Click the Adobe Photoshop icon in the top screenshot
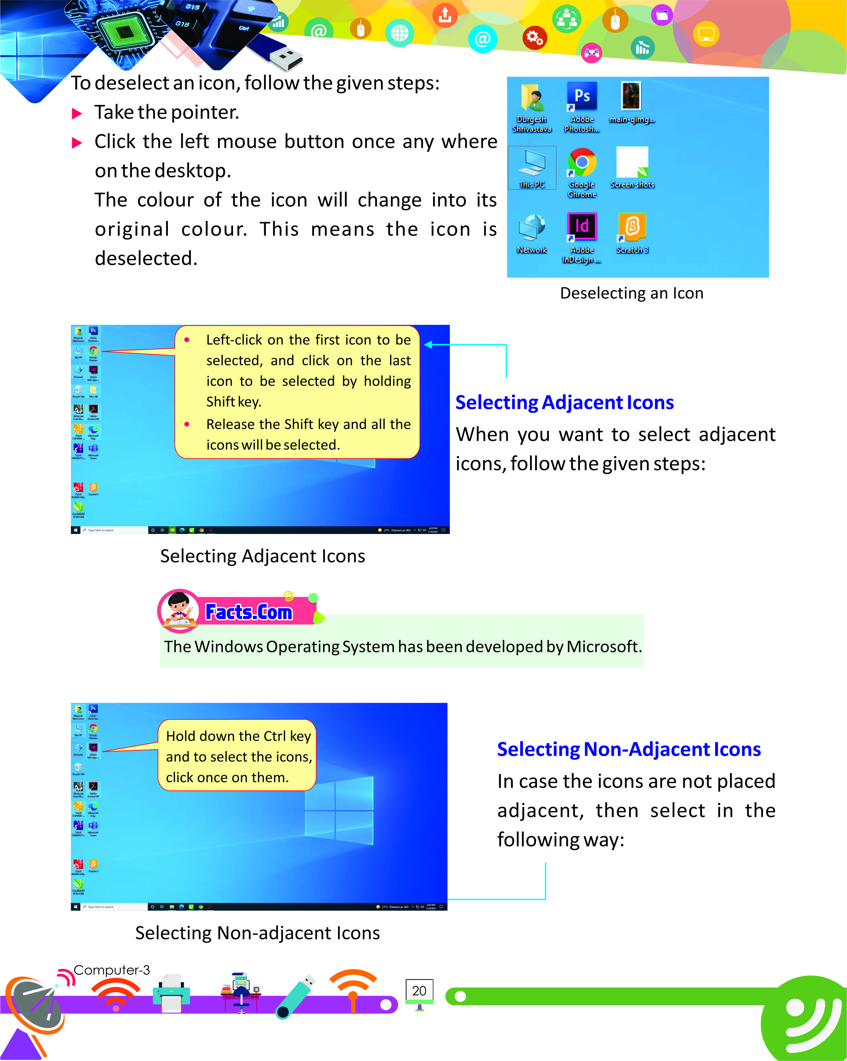[582, 96]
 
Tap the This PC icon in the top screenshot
[532, 162]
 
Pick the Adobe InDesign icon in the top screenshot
[582, 226]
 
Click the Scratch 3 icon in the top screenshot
[632, 226]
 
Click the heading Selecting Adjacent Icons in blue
[564, 402]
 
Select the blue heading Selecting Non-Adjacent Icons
[629, 749]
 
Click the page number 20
[419, 991]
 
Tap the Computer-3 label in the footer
[111, 970]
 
